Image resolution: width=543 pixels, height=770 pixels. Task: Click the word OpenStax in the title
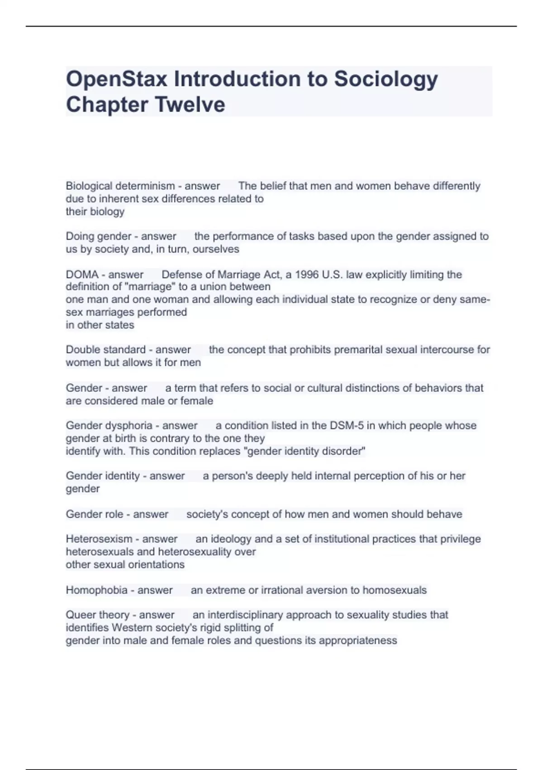117,79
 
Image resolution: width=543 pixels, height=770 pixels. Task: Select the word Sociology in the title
386,79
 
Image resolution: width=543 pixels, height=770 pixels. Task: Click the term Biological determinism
120,186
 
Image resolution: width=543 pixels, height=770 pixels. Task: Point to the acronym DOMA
82,275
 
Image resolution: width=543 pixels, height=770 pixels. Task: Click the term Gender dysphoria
109,426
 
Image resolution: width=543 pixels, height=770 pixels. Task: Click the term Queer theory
98,615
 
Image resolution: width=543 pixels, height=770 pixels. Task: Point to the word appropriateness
357,640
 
